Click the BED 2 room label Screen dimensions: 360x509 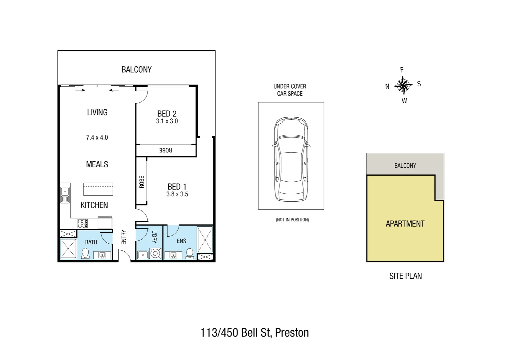click(167, 114)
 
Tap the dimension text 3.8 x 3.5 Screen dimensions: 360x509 click(177, 194)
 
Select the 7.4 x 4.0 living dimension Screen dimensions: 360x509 click(97, 137)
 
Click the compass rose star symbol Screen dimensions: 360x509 click(403, 85)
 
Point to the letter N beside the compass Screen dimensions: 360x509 click(387, 87)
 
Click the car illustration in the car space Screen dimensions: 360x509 click(291, 159)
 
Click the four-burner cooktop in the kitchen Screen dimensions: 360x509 click(83, 223)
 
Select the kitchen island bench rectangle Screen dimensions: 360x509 click(98, 189)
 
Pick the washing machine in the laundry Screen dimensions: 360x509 click(155, 254)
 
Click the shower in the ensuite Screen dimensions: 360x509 click(205, 240)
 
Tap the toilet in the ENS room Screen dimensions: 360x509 click(190, 253)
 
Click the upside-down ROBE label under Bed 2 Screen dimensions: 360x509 click(166, 150)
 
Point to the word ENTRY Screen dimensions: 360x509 click(124, 237)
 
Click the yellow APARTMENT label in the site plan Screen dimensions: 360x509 click(405, 224)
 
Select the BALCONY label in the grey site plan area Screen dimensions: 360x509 click(405, 166)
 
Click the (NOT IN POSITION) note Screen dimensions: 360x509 click(292, 220)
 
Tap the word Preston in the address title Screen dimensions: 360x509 click(292, 333)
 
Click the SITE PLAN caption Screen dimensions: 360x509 click(405, 276)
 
